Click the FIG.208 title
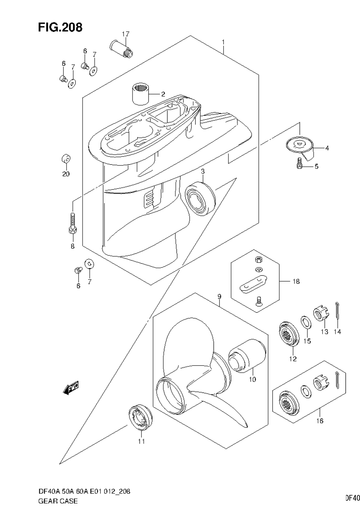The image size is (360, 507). point(60,27)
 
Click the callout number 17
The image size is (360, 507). point(125,34)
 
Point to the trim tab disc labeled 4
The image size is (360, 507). point(300,145)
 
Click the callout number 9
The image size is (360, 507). point(219,297)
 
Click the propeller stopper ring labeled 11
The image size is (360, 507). point(141,418)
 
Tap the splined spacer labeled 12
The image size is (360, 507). point(289,334)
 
